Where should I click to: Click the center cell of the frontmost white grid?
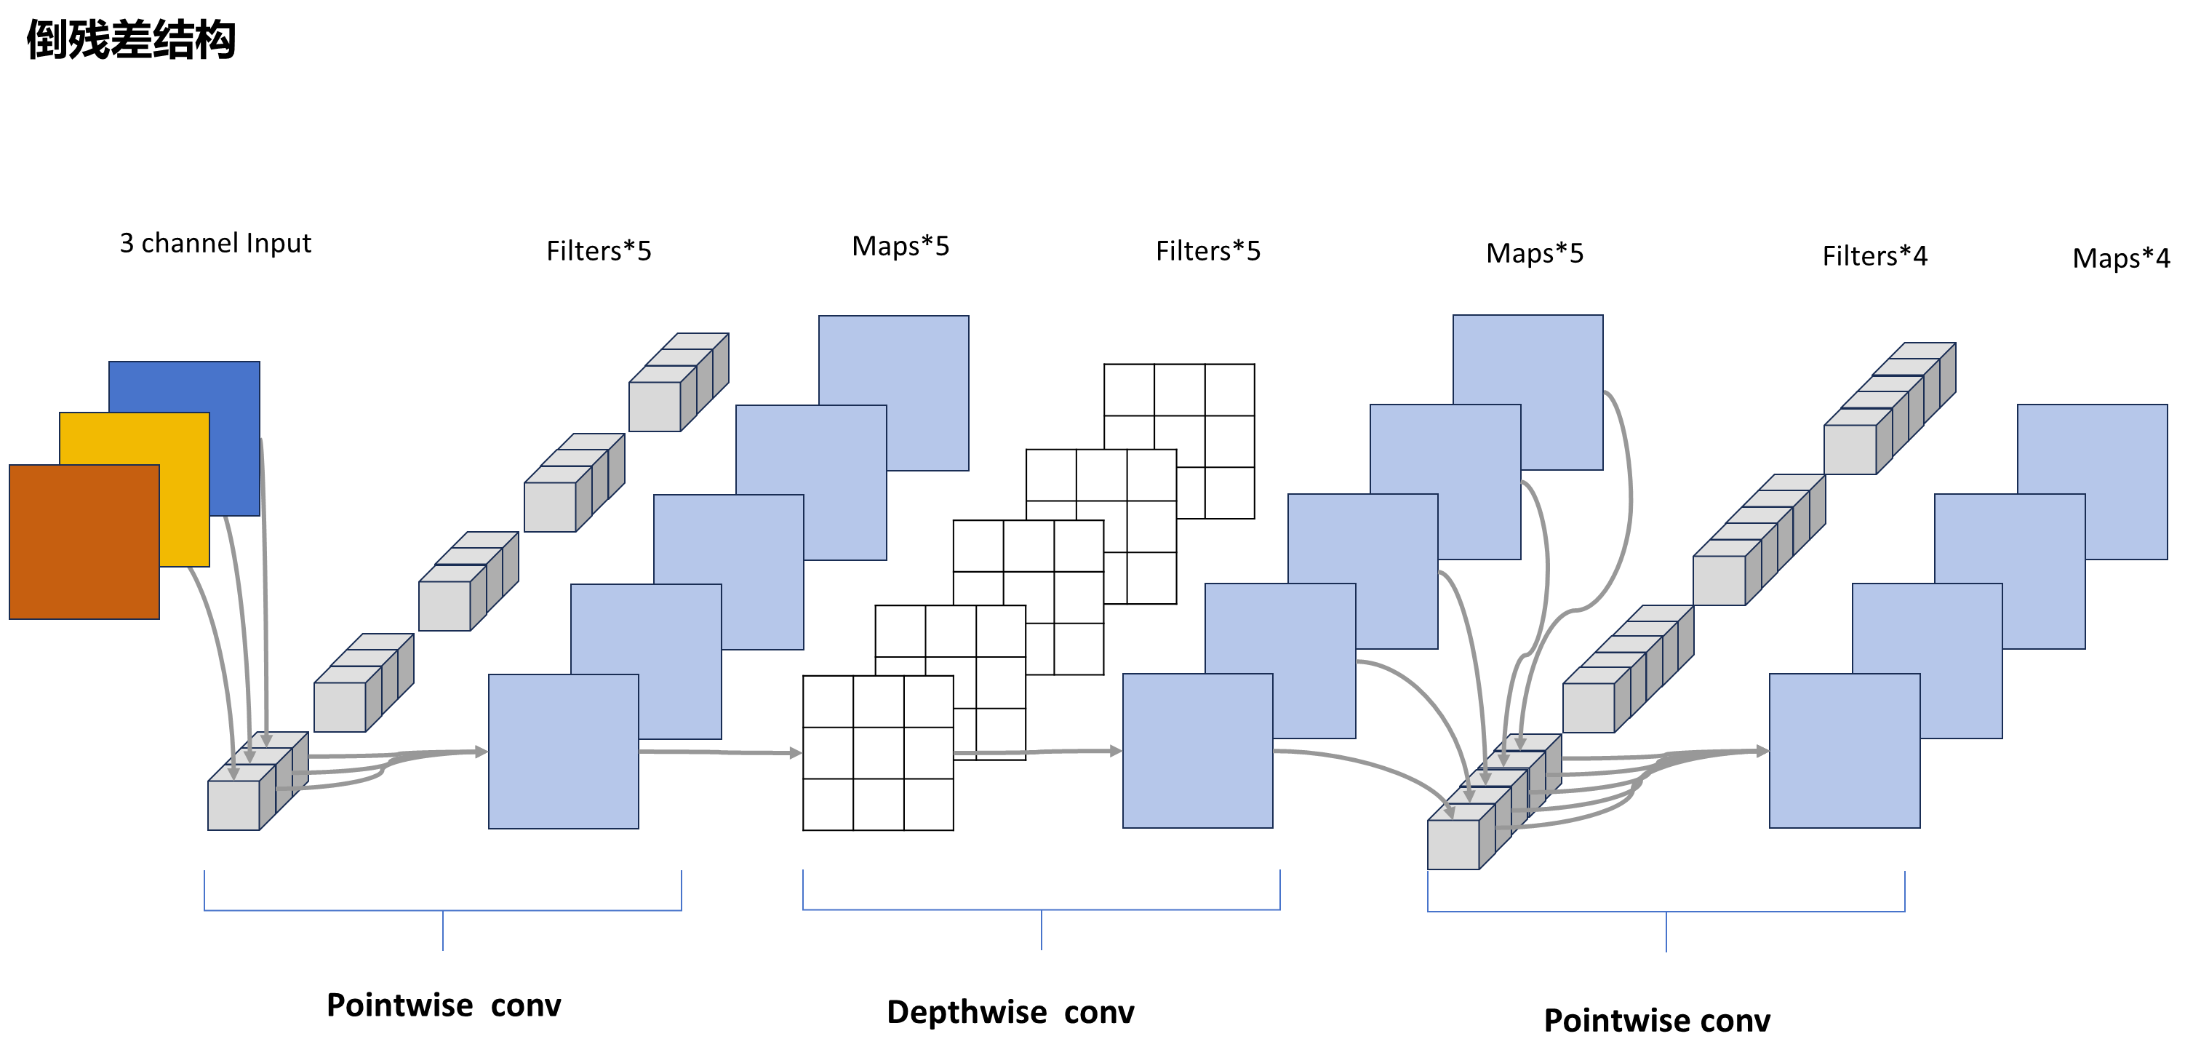click(x=878, y=753)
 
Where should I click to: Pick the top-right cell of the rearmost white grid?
click(x=1229, y=390)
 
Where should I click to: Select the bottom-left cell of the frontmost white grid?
click(x=828, y=803)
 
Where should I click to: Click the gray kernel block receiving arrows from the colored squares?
click(x=234, y=804)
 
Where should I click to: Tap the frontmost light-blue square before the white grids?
click(x=563, y=752)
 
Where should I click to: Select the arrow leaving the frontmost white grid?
click(x=1039, y=752)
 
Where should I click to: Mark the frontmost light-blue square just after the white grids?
click(x=1197, y=752)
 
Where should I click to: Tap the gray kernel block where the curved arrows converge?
click(x=1453, y=843)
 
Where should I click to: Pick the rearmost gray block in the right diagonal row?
click(x=1850, y=448)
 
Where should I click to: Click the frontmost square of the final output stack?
click(x=1844, y=752)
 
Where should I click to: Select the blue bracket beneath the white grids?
click(x=1041, y=909)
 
